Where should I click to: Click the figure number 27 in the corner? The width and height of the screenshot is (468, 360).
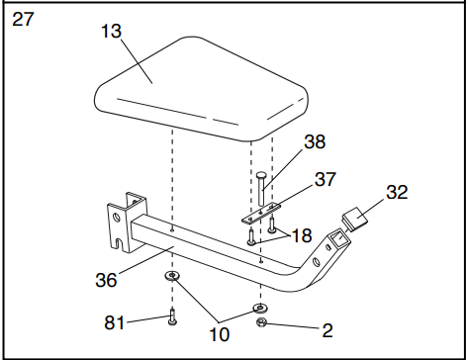point(23,19)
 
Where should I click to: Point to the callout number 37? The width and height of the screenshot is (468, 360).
point(324,179)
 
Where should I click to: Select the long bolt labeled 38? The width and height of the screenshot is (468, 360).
point(262,188)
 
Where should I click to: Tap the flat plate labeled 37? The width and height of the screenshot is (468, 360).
point(262,211)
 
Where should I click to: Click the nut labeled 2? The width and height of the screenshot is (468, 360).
point(261,323)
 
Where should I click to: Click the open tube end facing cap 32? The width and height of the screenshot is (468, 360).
point(337,235)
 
